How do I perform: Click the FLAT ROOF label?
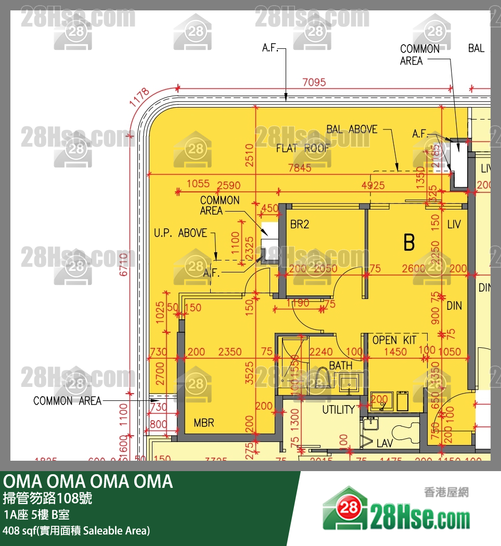click(x=303, y=148)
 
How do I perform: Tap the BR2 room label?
click(x=300, y=225)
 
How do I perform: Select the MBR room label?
click(x=204, y=423)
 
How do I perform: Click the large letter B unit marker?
click(x=409, y=242)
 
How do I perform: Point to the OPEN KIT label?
click(x=394, y=340)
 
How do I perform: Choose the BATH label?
click(x=340, y=366)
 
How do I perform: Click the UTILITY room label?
click(x=338, y=410)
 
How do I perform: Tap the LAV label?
click(x=384, y=444)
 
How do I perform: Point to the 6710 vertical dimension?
click(x=123, y=265)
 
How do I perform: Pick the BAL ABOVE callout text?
click(x=352, y=129)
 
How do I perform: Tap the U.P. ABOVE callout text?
click(x=181, y=233)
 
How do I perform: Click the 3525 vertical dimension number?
click(x=250, y=373)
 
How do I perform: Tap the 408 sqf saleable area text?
click(x=76, y=530)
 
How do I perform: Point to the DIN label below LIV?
click(x=454, y=306)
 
